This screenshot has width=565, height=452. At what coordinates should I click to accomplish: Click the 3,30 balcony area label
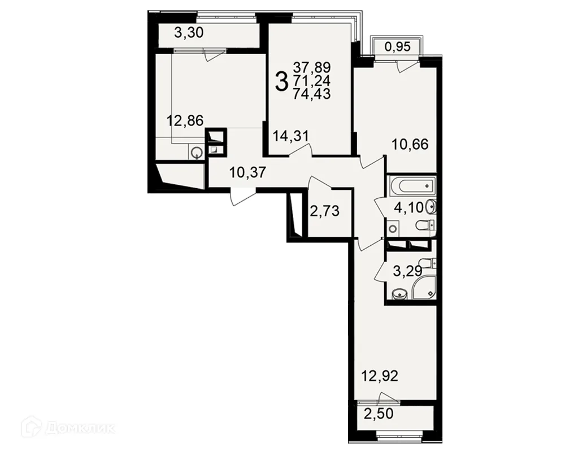point(189,33)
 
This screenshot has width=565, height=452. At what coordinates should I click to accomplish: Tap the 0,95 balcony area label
point(397,46)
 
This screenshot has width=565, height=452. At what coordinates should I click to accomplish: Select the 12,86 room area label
point(185,120)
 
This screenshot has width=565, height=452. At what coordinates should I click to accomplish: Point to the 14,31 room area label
point(291,136)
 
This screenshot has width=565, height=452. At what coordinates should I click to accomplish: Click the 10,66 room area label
point(410,145)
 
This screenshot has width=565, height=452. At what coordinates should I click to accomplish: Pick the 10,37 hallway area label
point(247,173)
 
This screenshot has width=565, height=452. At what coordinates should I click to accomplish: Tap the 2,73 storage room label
point(325,211)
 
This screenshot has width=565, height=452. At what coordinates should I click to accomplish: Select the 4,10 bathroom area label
point(408,208)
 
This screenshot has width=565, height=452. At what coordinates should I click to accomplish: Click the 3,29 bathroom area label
point(407,271)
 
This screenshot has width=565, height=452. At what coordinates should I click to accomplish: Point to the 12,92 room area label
point(380,376)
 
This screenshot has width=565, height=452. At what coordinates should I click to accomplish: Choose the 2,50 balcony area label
point(379,414)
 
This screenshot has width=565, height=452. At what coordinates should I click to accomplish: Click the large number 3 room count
point(282,81)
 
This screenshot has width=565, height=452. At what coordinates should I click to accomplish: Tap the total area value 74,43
point(312,94)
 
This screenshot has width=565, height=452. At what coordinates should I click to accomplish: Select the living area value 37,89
point(312,67)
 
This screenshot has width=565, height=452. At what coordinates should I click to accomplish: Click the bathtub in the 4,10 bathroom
point(412,186)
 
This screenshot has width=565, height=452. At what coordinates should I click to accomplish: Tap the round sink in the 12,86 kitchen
point(197,153)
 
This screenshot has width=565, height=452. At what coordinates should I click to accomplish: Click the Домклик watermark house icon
point(32,428)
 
